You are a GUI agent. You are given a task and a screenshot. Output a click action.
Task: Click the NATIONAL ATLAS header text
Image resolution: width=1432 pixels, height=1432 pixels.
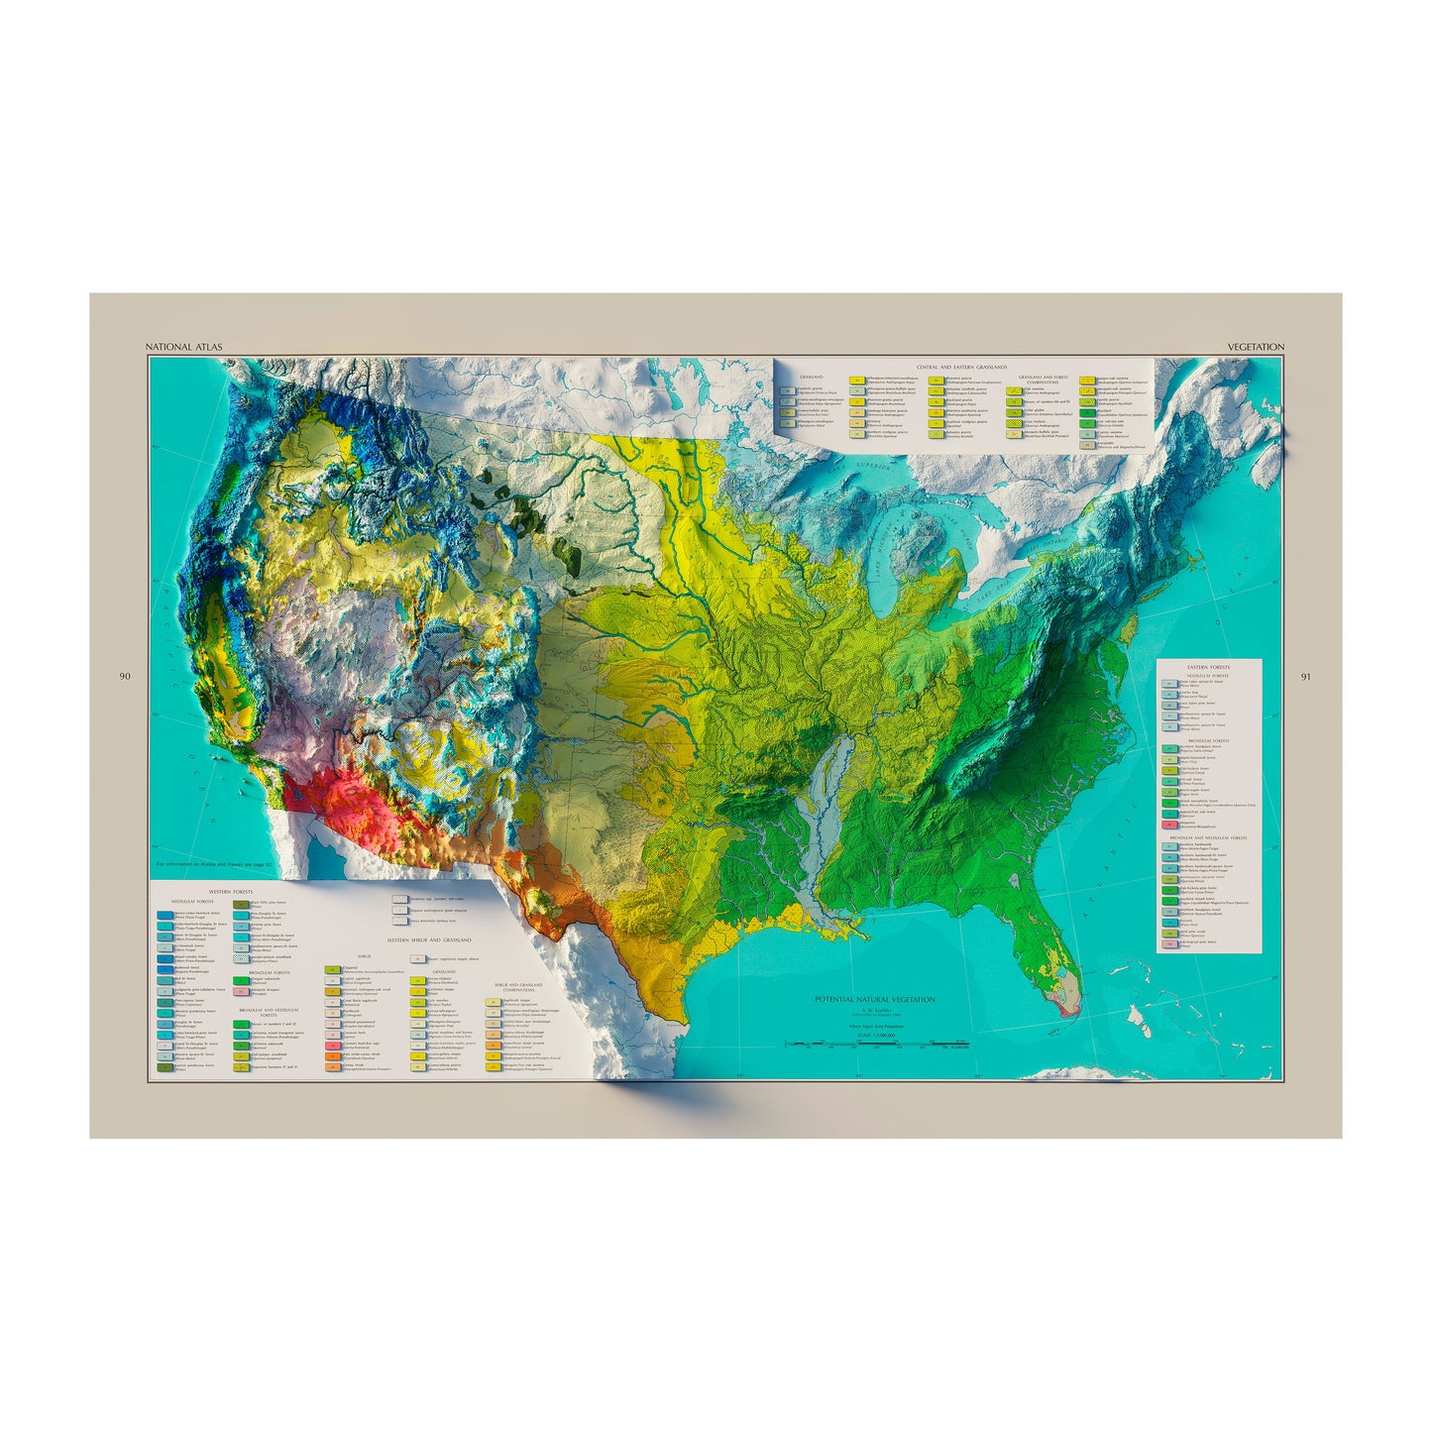pyautogui.click(x=183, y=347)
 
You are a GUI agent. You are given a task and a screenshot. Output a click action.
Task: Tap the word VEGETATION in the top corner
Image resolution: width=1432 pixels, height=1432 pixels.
pyautogui.click(x=1256, y=347)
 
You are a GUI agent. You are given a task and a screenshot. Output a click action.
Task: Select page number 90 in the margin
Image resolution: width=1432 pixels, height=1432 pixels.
pyautogui.click(x=125, y=677)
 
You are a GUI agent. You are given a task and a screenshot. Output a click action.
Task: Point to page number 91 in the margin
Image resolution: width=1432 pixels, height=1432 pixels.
pyautogui.click(x=1305, y=677)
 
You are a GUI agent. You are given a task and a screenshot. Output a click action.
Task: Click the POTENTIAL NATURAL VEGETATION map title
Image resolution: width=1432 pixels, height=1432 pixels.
pyautogui.click(x=874, y=1000)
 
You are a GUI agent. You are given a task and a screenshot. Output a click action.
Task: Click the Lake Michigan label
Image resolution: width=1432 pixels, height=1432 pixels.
pyautogui.click(x=885, y=543)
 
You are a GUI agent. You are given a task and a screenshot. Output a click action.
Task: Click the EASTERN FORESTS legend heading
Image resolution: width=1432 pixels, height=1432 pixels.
pyautogui.click(x=1208, y=668)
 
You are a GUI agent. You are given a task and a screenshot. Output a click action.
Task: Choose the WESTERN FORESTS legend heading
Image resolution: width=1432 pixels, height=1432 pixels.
pyautogui.click(x=198, y=891)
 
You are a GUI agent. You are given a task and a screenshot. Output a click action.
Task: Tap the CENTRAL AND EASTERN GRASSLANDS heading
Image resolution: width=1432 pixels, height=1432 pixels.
pyautogui.click(x=961, y=367)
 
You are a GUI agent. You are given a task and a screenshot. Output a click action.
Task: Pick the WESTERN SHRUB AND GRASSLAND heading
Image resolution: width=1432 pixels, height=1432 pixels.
pyautogui.click(x=428, y=939)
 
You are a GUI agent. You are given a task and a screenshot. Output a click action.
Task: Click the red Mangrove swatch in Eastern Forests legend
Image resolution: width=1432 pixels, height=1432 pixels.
pyautogui.click(x=1168, y=825)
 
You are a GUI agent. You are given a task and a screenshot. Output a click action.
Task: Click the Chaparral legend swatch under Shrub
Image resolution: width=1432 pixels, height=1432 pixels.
pyautogui.click(x=332, y=968)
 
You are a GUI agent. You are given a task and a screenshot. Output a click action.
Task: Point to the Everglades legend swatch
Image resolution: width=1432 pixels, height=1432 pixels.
pyautogui.click(x=1087, y=445)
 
